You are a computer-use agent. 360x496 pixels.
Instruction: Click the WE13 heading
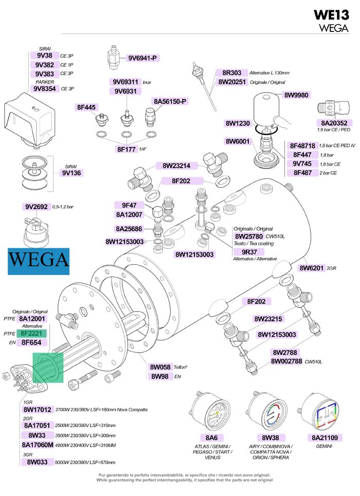331,15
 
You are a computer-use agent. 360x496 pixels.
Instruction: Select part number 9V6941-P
142,58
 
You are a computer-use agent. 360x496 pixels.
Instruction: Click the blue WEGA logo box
39,261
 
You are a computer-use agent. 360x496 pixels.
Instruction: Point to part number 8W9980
296,95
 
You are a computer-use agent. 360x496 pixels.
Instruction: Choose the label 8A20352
334,123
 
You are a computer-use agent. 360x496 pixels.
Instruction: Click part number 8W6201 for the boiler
311,268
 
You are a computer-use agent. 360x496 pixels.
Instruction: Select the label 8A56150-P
170,102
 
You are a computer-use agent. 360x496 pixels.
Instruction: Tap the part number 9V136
71,173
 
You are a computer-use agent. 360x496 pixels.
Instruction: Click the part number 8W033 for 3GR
37,462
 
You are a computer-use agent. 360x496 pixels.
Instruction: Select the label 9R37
249,252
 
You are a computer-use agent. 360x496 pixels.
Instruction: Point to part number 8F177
127,149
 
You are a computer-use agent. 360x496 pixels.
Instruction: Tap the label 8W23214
176,166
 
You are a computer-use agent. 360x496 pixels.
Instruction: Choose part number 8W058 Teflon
160,368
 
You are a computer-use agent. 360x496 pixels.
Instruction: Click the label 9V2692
37,207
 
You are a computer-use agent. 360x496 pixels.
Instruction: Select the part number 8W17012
38,410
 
